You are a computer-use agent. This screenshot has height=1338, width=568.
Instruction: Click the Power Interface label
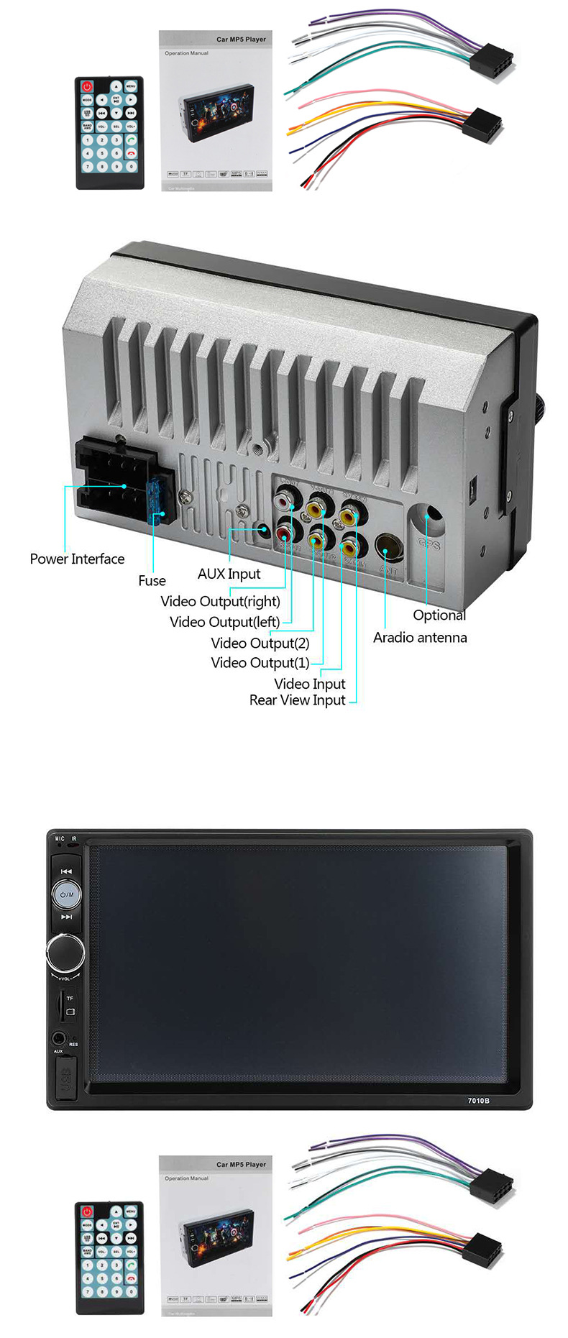[x=77, y=559]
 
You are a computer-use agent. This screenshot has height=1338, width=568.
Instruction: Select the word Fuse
[x=152, y=580]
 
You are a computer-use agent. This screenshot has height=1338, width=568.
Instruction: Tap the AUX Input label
[x=229, y=574]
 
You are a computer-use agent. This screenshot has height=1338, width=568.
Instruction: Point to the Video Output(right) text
[x=220, y=601]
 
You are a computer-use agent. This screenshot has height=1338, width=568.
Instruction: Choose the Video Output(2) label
[x=260, y=643]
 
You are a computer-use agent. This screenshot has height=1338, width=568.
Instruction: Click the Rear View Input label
[x=297, y=700]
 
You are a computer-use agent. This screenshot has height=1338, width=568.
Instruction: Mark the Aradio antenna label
[x=419, y=637]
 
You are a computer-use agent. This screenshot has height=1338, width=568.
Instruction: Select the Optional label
[x=439, y=615]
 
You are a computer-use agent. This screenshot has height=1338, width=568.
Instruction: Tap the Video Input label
[x=309, y=683]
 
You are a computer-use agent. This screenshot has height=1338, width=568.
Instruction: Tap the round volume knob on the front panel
[x=65, y=952]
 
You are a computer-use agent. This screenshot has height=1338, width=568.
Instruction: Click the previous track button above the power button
[x=66, y=871]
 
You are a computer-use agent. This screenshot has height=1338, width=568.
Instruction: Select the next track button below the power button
[x=66, y=917]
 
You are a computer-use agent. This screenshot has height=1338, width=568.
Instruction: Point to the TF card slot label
[x=70, y=998]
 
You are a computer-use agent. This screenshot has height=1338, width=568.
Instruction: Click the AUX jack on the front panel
[x=58, y=1038]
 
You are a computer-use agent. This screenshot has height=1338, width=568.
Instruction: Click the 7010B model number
[x=478, y=1101]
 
